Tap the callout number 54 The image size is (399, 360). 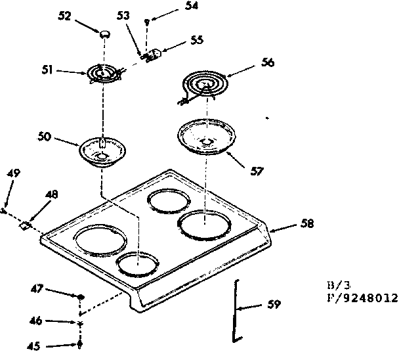pyautogui.click(x=173, y=5)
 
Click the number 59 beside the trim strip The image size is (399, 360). pyautogui.click(x=274, y=304)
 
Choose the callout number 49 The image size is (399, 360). pyautogui.click(x=12, y=173)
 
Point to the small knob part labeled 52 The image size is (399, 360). pyautogui.click(x=104, y=33)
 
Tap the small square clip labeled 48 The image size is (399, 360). pyautogui.click(x=25, y=225)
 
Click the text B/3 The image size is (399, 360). pyautogui.click(x=337, y=285)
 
